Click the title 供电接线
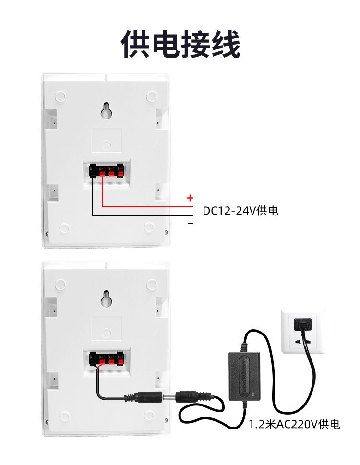point(180,44)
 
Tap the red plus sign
point(190,198)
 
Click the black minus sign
point(191,224)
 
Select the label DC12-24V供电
point(240,211)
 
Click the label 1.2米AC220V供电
point(294,424)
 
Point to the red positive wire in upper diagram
point(144,206)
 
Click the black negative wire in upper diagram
point(144,215)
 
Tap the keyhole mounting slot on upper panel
point(106,111)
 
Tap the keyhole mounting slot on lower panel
point(106,299)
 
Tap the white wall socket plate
point(303,332)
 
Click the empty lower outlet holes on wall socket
point(303,342)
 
